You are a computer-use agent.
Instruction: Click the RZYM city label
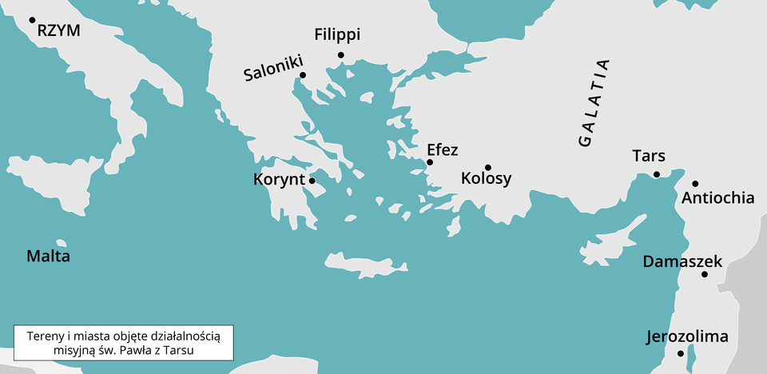59,30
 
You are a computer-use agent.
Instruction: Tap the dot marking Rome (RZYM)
33,20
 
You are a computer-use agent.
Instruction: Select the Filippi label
337,35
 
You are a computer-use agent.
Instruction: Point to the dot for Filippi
341,55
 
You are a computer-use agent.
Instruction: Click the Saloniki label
273,74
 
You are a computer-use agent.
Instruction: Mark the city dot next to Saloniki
303,76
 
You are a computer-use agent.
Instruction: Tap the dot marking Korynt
312,181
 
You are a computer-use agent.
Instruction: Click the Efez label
443,149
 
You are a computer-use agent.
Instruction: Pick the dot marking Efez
430,162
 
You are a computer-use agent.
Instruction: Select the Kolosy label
486,179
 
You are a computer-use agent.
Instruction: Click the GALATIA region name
594,102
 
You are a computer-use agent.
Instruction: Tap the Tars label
648,156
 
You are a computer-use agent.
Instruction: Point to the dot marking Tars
656,174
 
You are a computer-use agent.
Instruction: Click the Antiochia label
718,197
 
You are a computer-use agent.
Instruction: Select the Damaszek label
682,261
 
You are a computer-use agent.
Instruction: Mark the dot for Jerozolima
681,353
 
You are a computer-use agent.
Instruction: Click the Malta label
48,257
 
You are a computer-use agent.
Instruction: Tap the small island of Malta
61,243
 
